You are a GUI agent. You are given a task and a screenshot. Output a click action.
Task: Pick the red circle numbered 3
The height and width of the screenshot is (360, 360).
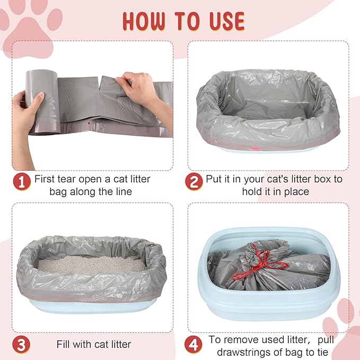(22, 344)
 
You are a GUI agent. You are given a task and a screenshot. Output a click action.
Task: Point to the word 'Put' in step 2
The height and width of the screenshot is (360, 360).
(216, 179)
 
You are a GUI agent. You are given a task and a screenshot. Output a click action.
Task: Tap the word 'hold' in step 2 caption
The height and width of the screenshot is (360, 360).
(252, 191)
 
